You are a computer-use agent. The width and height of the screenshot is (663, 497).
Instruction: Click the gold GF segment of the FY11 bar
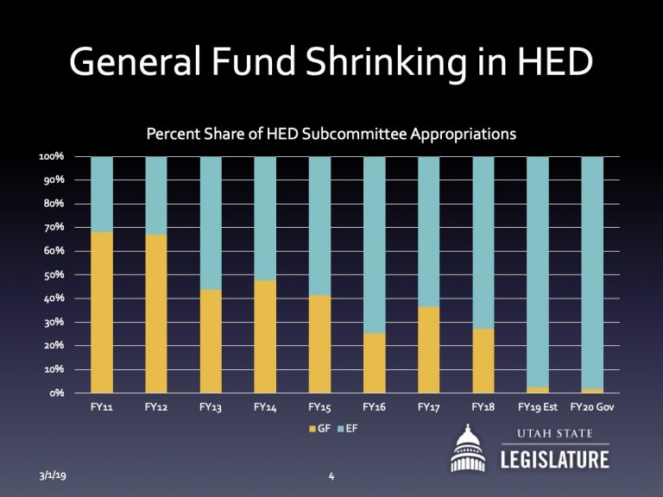(102, 311)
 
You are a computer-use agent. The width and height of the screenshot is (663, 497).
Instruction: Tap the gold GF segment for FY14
(265, 336)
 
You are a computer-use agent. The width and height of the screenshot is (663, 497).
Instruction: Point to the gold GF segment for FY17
(429, 349)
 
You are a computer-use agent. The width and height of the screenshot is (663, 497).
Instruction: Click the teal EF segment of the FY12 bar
(156, 195)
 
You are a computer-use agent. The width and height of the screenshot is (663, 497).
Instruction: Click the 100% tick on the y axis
(51, 157)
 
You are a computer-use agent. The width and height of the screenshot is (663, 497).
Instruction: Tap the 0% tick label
(56, 393)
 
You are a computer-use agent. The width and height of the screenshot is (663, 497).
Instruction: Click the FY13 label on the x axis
(211, 406)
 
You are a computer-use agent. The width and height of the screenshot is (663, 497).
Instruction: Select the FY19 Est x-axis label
(538, 406)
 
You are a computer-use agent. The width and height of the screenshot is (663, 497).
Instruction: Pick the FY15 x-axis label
(320, 406)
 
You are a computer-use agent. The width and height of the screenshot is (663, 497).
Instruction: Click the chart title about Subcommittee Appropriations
(331, 135)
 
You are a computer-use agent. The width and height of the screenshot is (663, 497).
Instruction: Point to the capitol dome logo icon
(470, 449)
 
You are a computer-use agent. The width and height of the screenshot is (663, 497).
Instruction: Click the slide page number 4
(331, 475)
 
